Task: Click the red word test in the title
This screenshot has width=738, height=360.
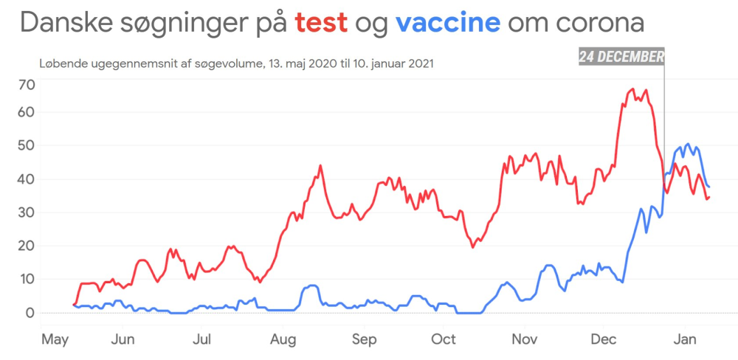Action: pyautogui.click(x=321, y=23)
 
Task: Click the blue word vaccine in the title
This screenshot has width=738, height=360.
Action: pyautogui.click(x=448, y=23)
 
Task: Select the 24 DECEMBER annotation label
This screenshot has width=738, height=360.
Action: pyautogui.click(x=621, y=58)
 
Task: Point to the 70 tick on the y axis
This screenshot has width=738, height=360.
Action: pyautogui.click(x=27, y=84)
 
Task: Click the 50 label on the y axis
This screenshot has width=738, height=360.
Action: pyautogui.click(x=27, y=145)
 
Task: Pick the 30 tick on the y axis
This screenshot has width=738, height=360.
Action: pyautogui.click(x=27, y=212)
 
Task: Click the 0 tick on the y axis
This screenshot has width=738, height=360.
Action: pyautogui.click(x=30, y=313)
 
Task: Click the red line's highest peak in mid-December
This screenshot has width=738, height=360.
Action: pyautogui.click(x=633, y=89)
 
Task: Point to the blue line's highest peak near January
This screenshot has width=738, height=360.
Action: pyautogui.click(x=688, y=144)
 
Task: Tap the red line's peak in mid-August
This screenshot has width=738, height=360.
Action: pyautogui.click(x=320, y=165)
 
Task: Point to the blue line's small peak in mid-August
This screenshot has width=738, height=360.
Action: pyautogui.click(x=312, y=285)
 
